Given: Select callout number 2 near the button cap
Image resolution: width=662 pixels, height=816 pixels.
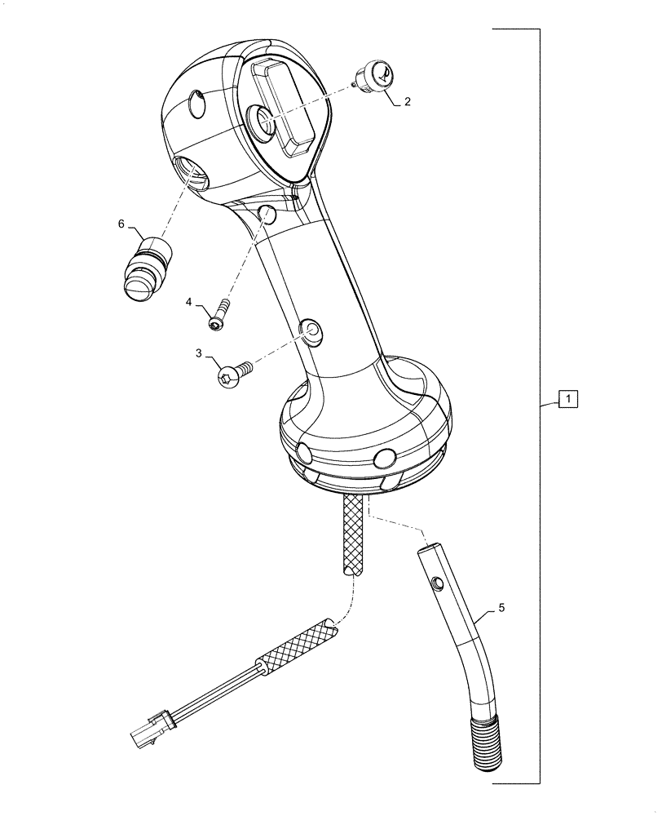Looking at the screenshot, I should tap(407, 103).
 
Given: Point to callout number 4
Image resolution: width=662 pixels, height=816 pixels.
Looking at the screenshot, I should tap(189, 303).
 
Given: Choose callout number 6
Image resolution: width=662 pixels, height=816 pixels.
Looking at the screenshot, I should tap(122, 224).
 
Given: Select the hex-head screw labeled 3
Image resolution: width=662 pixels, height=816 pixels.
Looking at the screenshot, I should tap(231, 374).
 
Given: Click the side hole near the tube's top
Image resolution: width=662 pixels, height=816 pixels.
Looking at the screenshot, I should tap(438, 583).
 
